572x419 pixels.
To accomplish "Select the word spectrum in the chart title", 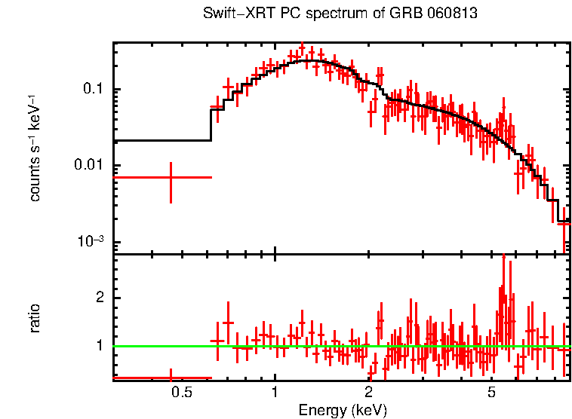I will (333, 14).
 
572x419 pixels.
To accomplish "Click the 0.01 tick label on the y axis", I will (90, 166).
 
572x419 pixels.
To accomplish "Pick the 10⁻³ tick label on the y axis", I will (91, 241).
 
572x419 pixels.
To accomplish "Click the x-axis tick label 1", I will (275, 391).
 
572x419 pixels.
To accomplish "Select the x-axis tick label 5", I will (491, 391).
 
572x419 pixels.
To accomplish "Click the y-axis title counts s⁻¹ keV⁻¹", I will (35, 148).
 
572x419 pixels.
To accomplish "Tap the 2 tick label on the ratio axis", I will (97, 298).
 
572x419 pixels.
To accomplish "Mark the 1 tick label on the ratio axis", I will (97, 346).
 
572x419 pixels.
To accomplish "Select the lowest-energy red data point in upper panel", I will (171, 177).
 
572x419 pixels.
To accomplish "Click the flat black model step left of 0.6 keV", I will (161, 140).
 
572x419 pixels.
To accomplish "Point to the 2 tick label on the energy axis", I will (368, 391).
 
